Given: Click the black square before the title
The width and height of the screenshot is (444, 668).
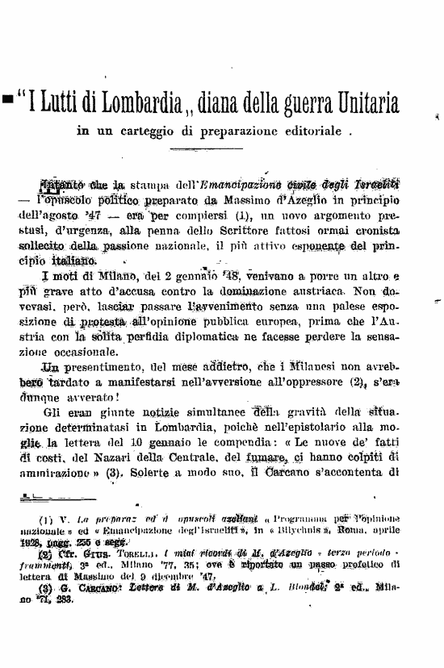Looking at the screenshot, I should click(7, 100).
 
